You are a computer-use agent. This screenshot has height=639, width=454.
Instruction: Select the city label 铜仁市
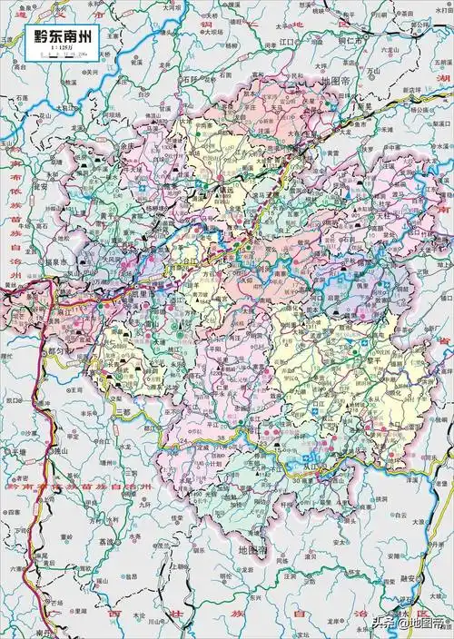[346, 42]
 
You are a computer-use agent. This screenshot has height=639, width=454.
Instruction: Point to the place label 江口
[290, 42]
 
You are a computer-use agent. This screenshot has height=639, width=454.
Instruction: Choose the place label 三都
[133, 409]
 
